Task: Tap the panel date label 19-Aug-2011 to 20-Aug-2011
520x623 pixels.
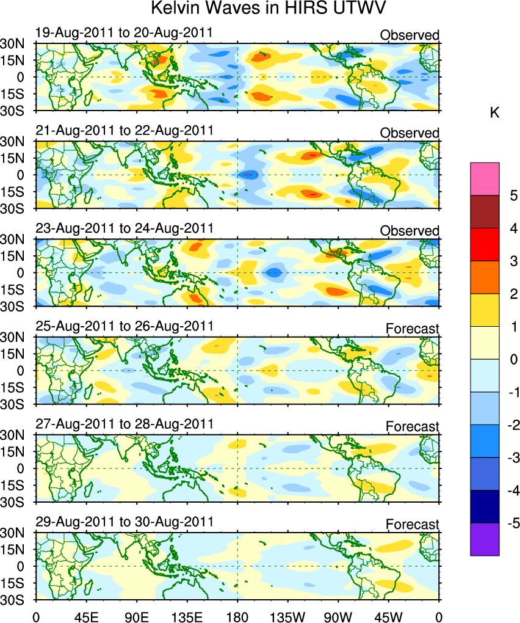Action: tap(125, 32)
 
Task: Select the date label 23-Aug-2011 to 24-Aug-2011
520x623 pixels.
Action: tap(125, 228)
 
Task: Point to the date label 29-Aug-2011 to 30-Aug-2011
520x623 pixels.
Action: tap(125, 522)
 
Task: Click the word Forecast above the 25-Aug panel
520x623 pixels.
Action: tap(412, 329)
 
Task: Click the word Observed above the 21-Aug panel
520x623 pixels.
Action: tap(410, 133)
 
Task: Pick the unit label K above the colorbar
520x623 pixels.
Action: tap(495, 113)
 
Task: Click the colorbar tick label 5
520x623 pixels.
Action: tap(513, 196)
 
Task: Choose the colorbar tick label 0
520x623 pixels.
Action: tap(513, 360)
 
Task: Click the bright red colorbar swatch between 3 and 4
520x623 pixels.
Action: tap(485, 244)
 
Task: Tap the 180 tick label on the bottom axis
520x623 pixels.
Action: tap(237, 611)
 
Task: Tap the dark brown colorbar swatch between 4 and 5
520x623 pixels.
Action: tap(485, 212)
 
